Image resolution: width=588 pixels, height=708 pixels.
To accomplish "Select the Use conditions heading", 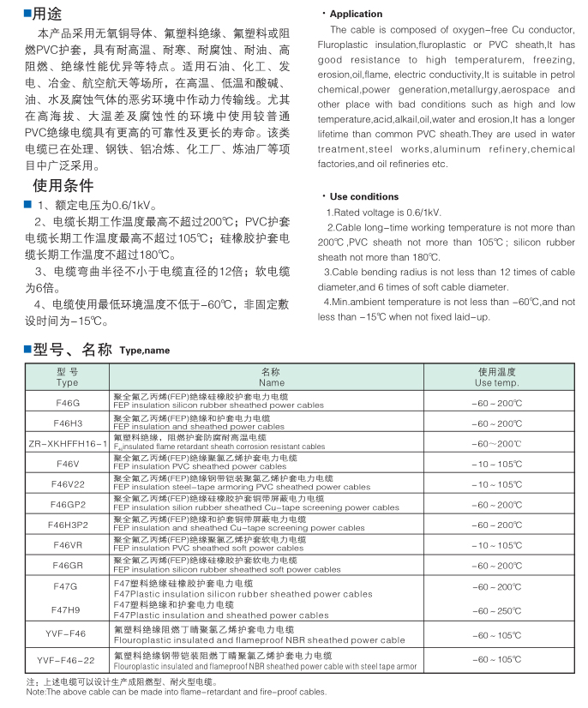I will point(363,196).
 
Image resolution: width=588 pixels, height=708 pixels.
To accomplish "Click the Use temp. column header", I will point(496,378).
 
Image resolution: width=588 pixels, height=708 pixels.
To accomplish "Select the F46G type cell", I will point(67,402).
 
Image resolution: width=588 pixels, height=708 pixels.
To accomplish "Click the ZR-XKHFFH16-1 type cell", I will point(67,443).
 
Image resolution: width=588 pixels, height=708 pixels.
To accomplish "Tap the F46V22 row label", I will point(67,483).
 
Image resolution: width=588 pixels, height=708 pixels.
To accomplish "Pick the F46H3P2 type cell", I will point(67,525).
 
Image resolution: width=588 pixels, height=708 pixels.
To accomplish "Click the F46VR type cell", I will point(67,545).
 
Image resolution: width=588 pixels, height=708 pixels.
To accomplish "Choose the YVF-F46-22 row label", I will point(67,659).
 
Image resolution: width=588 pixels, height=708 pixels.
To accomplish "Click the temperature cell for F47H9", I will point(496,610).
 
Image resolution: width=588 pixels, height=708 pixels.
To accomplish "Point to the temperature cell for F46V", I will point(496,464).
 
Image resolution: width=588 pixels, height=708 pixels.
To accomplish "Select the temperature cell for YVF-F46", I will point(496,635).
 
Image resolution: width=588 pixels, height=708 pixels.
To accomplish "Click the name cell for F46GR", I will point(226,566).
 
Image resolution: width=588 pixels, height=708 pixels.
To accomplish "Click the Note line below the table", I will point(176,692).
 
